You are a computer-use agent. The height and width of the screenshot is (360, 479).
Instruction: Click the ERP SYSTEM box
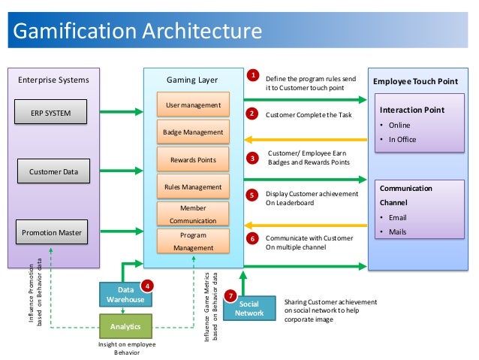pos(52,113)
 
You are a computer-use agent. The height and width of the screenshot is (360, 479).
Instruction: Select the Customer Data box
pos(53,172)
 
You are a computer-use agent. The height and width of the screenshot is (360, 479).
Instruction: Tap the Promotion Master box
pos(53,231)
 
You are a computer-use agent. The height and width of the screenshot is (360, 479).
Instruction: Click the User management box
pos(193,104)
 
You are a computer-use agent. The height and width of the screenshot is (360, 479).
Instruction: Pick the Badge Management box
pos(193,132)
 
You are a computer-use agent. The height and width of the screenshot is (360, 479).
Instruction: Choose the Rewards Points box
pos(193,159)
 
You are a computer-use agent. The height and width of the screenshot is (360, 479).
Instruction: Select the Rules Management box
pos(193,186)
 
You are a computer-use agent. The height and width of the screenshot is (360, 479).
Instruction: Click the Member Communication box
pos(193,213)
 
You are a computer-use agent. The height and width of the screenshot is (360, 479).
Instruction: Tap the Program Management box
pos(193,241)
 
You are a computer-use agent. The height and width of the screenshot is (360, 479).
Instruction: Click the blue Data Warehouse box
pos(125,294)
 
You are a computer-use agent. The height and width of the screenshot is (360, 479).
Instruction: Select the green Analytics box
pos(125,327)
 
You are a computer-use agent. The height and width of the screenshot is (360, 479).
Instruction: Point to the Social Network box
pos(249,307)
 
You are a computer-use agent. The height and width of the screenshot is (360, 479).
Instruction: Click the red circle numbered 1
pos(253,76)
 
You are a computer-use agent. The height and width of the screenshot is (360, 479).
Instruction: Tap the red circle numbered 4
pos(148,285)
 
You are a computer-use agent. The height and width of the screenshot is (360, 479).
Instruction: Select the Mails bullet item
pos(397,231)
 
